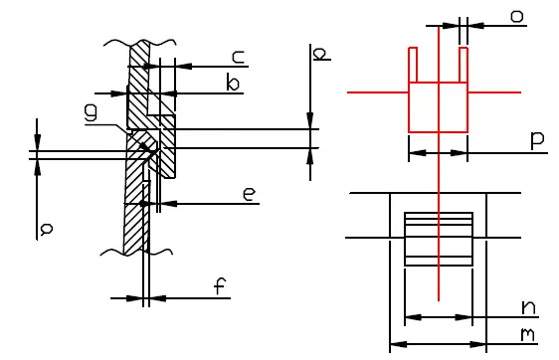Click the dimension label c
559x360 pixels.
[x=239, y=58]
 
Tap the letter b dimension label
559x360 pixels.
[x=233, y=83]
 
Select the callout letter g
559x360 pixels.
[x=91, y=112]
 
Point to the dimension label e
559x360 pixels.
[x=250, y=195]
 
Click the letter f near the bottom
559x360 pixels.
[x=220, y=285]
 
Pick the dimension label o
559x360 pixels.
[x=517, y=16]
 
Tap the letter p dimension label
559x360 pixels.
[x=537, y=140]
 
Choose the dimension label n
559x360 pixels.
[x=528, y=307]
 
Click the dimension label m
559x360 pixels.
[x=527, y=335]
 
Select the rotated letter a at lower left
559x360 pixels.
[x=47, y=229]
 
